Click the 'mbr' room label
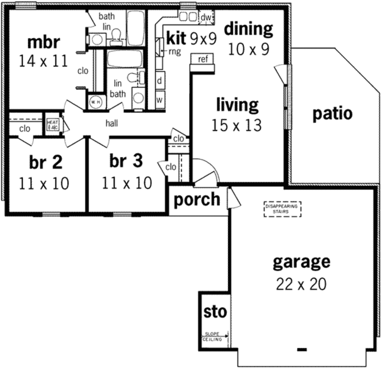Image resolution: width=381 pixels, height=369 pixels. pyautogui.click(x=43, y=42)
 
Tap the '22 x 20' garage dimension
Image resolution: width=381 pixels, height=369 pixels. pyautogui.click(x=301, y=284)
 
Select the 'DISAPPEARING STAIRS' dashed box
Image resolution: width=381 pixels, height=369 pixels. pyautogui.click(x=282, y=209)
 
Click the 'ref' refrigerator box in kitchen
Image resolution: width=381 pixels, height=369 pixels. pyautogui.click(x=203, y=59)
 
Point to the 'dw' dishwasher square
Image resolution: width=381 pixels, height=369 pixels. pyautogui.click(x=206, y=18)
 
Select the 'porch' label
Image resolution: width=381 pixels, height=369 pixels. pyautogui.click(x=197, y=199)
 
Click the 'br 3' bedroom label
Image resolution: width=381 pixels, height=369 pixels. pyautogui.click(x=126, y=161)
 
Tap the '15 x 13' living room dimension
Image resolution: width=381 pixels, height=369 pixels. pyautogui.click(x=236, y=125)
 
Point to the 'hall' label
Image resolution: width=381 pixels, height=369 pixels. pyautogui.click(x=112, y=123)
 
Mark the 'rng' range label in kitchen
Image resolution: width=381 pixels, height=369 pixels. pyautogui.click(x=175, y=52)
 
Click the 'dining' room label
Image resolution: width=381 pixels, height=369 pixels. pyautogui.click(x=248, y=29)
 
